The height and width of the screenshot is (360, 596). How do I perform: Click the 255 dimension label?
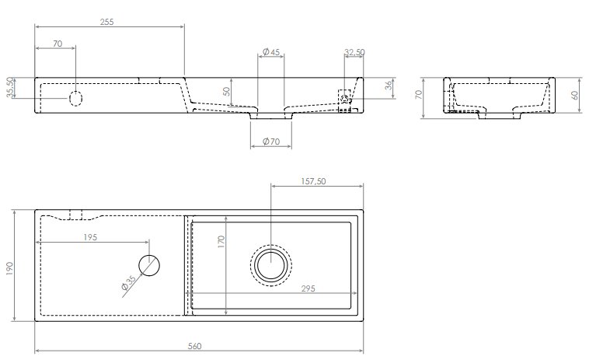coord(106,22)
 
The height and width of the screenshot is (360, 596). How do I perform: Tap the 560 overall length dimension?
coord(194,346)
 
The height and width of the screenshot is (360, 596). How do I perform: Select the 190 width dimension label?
coord(9,268)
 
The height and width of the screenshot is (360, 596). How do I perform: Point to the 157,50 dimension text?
coord(314,182)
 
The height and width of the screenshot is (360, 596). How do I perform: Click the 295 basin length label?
coord(308,288)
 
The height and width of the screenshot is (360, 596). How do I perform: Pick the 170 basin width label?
coord(221,242)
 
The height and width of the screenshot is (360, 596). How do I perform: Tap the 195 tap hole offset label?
coord(90,237)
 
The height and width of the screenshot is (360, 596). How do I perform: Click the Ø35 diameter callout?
coord(128,283)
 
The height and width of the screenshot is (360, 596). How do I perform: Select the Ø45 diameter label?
coord(271,51)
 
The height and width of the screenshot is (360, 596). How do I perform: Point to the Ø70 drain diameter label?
coord(271,142)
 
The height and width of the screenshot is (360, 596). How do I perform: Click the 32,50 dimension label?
coord(354,52)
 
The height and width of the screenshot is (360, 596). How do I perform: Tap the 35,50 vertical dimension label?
coord(10,87)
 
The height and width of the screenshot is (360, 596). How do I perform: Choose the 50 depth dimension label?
coord(226,91)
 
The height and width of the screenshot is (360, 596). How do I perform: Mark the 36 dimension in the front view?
coord(388,86)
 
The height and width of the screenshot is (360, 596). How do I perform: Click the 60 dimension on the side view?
coord(574,95)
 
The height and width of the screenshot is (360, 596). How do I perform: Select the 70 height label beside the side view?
coord(418,94)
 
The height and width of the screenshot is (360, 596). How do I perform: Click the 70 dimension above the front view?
coord(58,44)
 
